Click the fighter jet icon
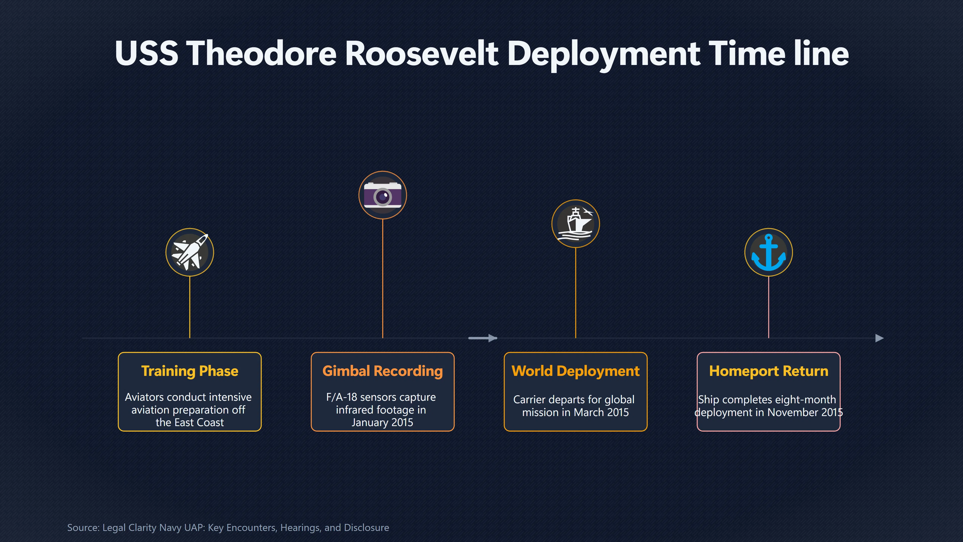[190, 252]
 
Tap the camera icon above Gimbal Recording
[382, 195]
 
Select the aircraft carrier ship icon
[575, 223]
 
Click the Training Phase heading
[190, 371]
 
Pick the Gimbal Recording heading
[382, 371]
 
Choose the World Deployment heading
[575, 371]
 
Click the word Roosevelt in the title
[422, 53]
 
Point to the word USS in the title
[146, 53]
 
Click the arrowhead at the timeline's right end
[880, 338]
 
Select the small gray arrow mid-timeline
[483, 338]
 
